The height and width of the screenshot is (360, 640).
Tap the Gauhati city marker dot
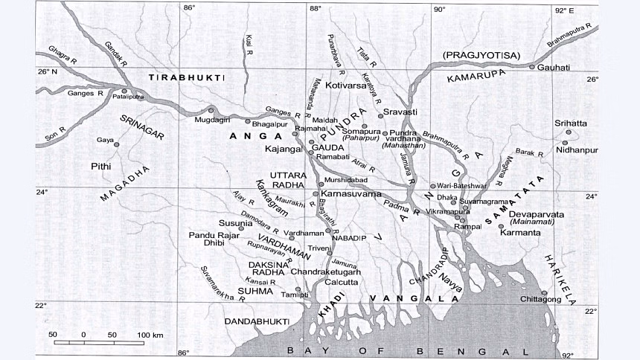pyautogui.click(x=531, y=67)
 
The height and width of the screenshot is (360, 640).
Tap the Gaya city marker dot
pyautogui.click(x=115, y=133)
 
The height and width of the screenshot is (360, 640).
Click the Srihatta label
pyautogui.click(x=571, y=123)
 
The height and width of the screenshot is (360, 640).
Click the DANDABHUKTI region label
pyautogui.click(x=257, y=321)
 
